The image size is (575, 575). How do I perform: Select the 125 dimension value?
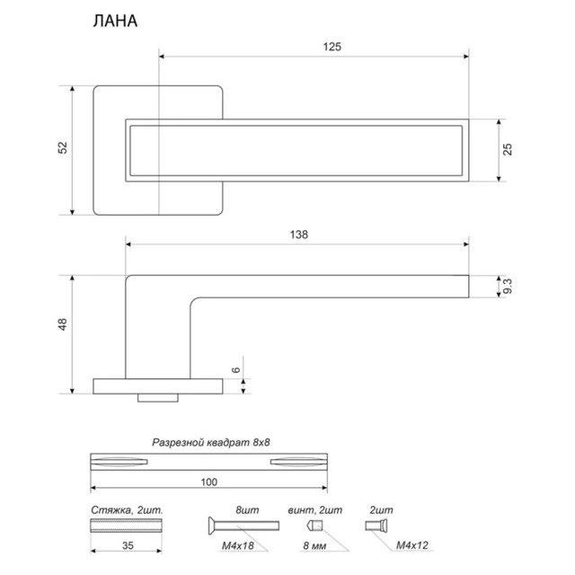332,47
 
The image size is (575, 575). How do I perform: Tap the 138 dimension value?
299,234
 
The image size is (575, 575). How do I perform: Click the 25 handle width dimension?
508,149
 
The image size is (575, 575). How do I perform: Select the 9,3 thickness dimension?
508,287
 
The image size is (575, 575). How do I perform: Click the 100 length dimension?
209,482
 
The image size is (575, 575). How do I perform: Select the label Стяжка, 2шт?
126,509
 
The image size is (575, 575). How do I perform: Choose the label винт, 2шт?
314,509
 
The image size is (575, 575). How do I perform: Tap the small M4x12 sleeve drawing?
375,526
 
